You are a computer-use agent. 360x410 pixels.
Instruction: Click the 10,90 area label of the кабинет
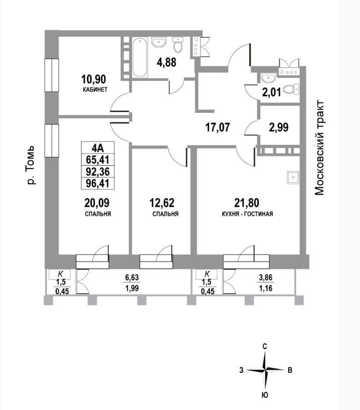coord(93,79)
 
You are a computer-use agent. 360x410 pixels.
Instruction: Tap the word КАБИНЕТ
coord(95,90)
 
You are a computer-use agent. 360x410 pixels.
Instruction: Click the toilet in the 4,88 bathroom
coord(178,45)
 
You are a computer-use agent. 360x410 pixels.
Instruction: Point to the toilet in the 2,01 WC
coord(291,90)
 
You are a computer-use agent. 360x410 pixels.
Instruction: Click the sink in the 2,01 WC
coord(268,78)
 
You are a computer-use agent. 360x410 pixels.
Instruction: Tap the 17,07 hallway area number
coord(217,128)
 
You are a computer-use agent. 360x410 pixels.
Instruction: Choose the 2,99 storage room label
coord(279,127)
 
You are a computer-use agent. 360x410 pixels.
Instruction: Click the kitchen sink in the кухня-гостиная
coord(293,178)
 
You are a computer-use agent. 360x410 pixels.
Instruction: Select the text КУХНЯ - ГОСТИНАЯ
coord(247,214)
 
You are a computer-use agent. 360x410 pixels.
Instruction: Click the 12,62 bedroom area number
coord(162,203)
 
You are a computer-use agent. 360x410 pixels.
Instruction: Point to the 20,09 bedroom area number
coord(97,203)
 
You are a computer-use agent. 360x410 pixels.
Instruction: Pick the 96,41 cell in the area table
coord(97,183)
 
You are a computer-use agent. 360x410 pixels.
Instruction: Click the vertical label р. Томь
coord(31,165)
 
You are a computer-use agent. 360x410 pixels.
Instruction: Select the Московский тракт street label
coord(320,148)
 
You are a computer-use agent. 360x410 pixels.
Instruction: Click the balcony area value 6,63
coord(132,278)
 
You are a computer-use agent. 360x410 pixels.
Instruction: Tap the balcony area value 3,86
coord(266,278)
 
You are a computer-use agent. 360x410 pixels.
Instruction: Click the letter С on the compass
coord(265,347)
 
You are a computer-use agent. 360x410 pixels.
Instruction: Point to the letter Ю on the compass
coord(265,395)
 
